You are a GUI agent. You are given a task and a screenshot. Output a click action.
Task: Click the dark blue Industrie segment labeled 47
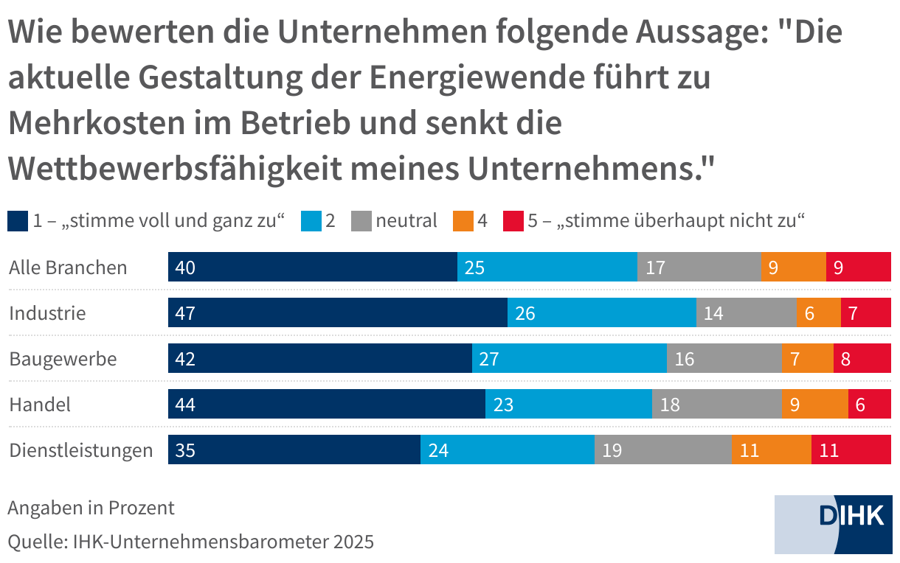coord(338,312)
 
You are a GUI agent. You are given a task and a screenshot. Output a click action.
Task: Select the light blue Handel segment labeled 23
coord(569,404)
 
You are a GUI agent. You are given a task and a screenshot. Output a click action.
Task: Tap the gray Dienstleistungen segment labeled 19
coord(663,450)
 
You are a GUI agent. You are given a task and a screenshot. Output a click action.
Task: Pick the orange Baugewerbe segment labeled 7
coord(808,358)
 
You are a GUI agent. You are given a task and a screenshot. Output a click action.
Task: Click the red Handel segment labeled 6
coord(870,404)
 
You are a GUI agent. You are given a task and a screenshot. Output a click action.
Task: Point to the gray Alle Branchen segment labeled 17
coord(699,267)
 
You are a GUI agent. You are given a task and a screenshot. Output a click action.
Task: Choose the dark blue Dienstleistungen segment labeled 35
coord(294,450)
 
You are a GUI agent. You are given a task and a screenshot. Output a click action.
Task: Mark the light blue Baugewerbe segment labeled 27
coord(570,358)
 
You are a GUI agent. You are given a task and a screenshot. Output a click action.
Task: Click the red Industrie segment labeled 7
coord(866,312)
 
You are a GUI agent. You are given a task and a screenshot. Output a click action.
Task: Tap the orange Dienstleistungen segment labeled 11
coord(772,450)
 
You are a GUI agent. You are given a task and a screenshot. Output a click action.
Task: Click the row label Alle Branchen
coord(68,267)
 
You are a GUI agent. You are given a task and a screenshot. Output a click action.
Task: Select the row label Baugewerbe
coord(63,359)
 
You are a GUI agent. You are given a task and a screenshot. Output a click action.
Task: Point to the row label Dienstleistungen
coord(81,450)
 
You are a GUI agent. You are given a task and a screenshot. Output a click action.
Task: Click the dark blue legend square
coord(18,220)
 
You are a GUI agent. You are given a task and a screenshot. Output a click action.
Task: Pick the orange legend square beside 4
coord(463,220)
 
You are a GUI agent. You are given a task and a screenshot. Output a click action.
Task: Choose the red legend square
coord(513,220)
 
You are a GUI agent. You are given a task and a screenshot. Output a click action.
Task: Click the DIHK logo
coord(833,524)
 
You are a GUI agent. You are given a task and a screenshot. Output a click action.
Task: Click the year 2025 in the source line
coord(353,542)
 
